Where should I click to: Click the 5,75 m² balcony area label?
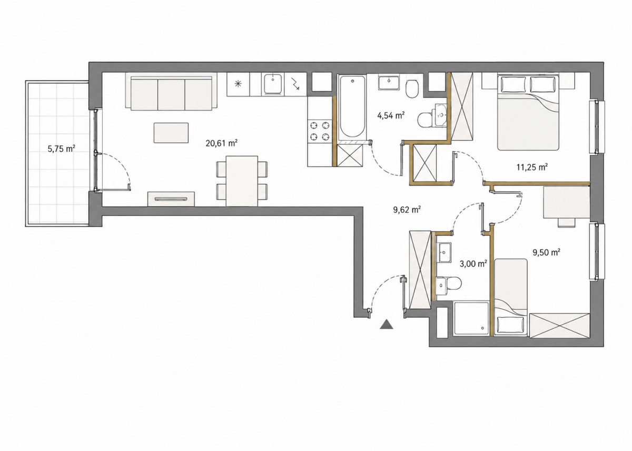(x=61, y=149)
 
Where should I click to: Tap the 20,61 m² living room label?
(x=221, y=143)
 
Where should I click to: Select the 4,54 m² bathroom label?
(x=391, y=115)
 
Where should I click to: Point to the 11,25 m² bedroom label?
(x=532, y=167)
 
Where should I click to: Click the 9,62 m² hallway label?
(x=407, y=209)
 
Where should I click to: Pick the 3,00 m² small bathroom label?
(x=473, y=263)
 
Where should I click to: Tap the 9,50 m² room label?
(x=546, y=252)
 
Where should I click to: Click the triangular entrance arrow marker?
(x=386, y=324)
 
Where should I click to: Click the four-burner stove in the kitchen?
(x=320, y=131)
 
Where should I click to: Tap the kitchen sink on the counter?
(x=273, y=84)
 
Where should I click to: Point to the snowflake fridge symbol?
(x=239, y=84)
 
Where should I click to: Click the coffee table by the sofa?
(x=171, y=133)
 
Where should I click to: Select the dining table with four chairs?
(x=242, y=181)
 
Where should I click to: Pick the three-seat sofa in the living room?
(x=172, y=92)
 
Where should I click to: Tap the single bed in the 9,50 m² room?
(x=511, y=297)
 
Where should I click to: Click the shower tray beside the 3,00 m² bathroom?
(x=471, y=319)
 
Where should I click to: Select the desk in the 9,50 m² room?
(x=567, y=202)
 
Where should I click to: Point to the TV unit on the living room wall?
(x=171, y=199)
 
